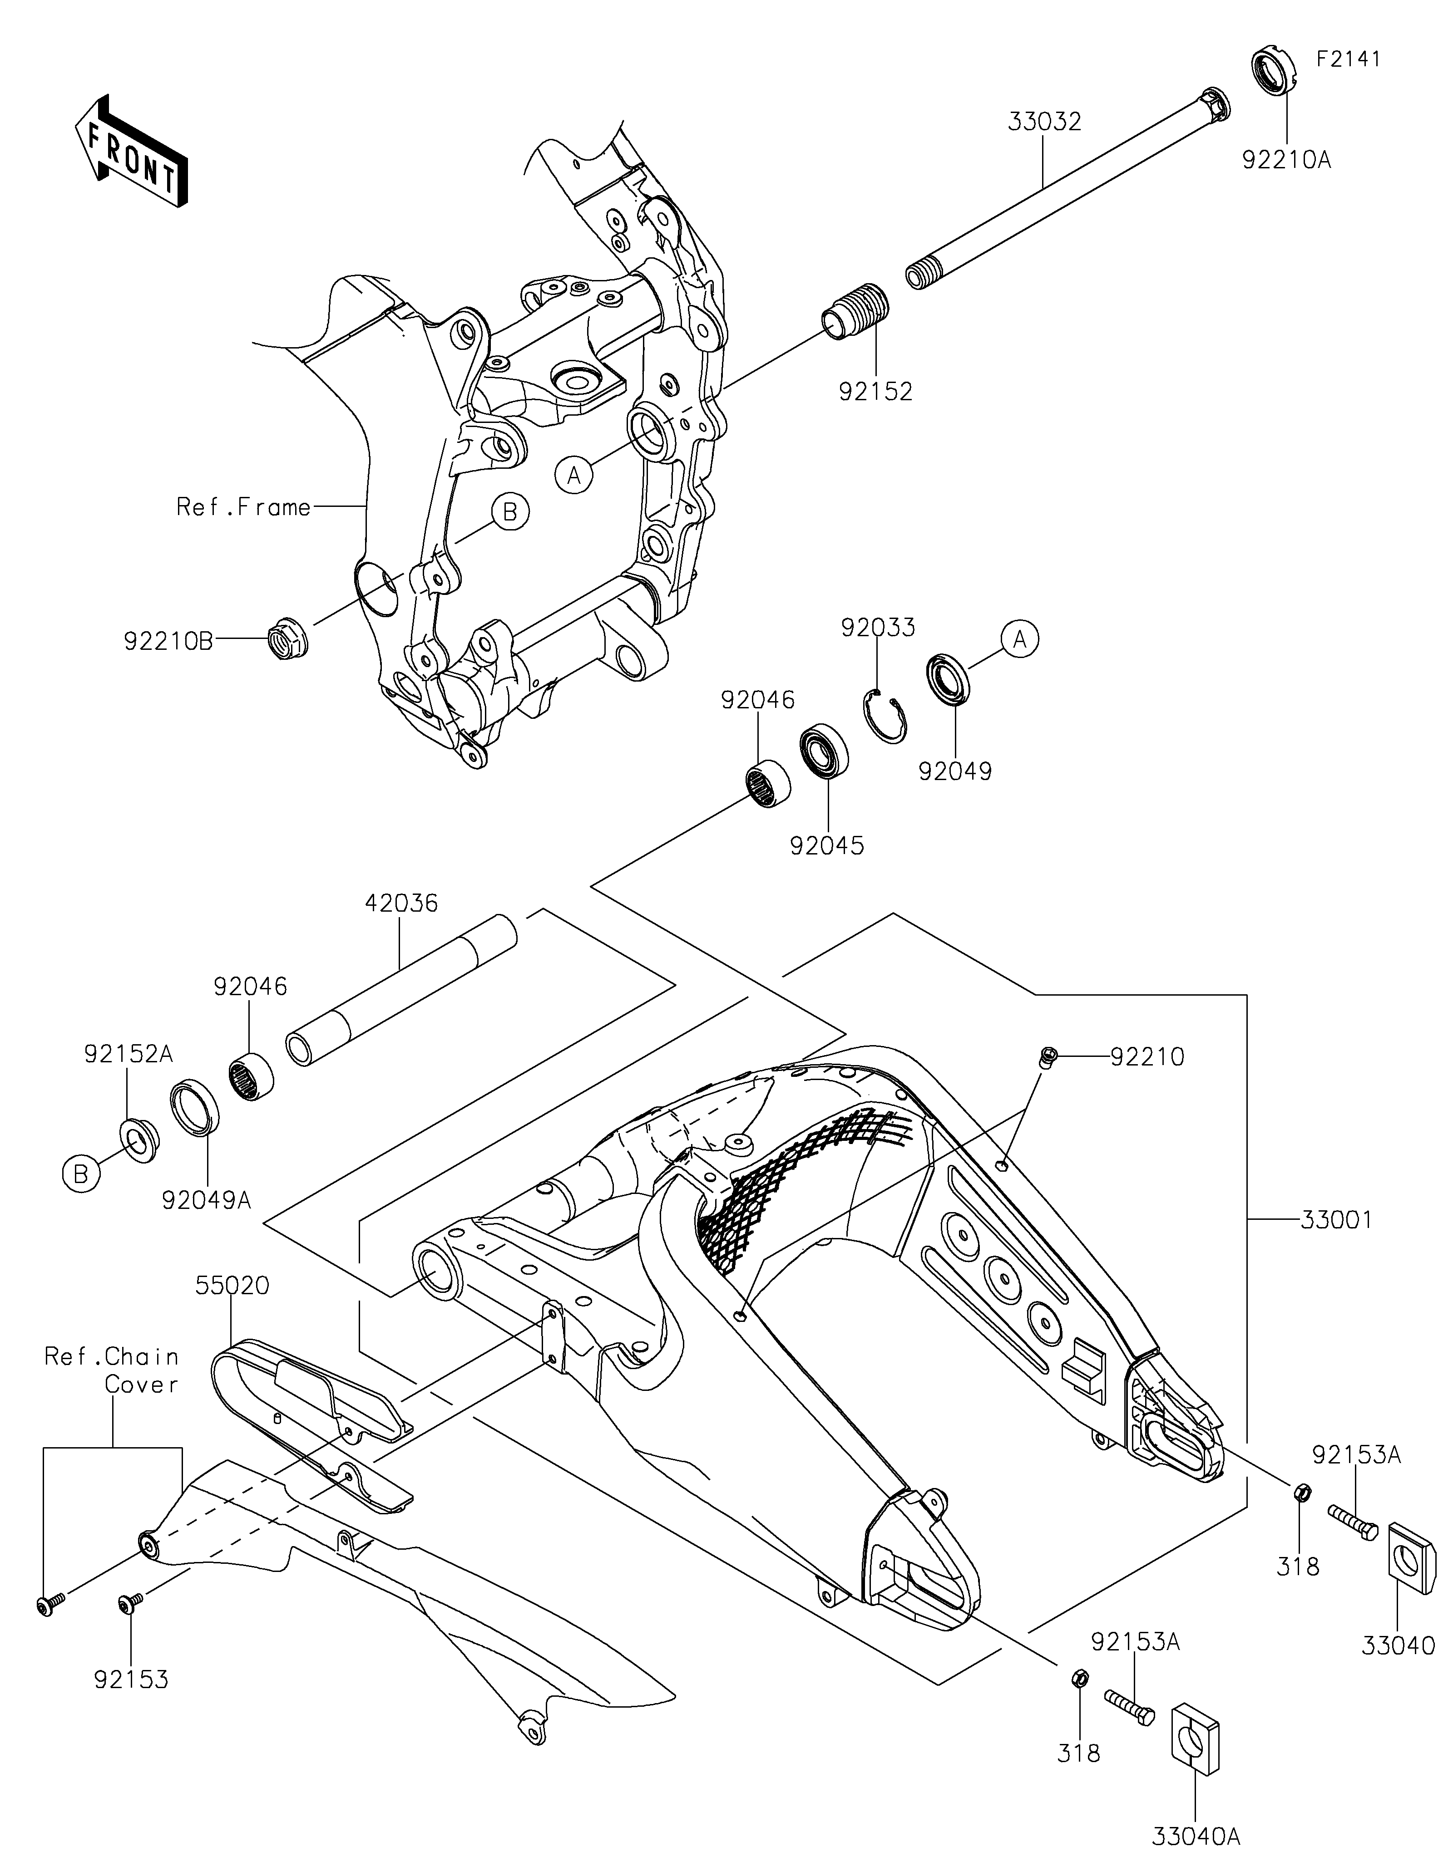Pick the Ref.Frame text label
(x=243, y=508)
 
